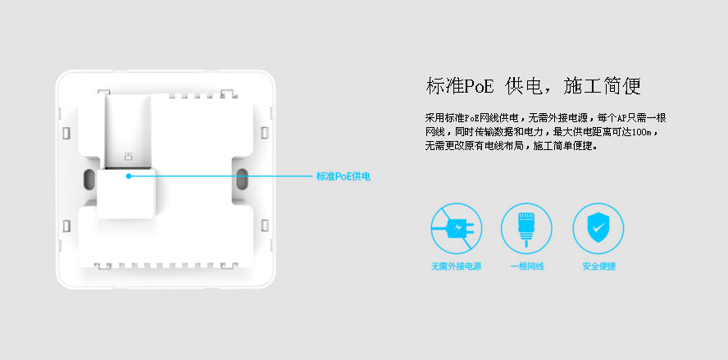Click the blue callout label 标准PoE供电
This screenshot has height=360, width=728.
tap(344, 176)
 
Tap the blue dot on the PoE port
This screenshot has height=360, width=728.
tap(129, 176)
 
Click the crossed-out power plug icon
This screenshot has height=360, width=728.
tap(457, 229)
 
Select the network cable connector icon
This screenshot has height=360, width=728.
tap(526, 229)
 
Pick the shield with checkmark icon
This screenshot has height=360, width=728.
tap(598, 229)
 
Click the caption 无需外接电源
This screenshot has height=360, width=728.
tap(457, 267)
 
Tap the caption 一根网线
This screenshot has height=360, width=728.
tap(527, 267)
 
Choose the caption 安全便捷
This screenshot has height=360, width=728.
tap(599, 267)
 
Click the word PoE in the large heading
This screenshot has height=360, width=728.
tap(479, 87)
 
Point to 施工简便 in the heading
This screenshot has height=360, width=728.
tap(603, 87)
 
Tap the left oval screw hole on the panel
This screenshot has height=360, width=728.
tap(87, 180)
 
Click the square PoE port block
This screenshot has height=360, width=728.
tap(125, 194)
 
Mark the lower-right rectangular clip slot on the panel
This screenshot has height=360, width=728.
tap(265, 226)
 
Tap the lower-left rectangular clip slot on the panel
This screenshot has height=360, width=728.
tap(66, 226)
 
